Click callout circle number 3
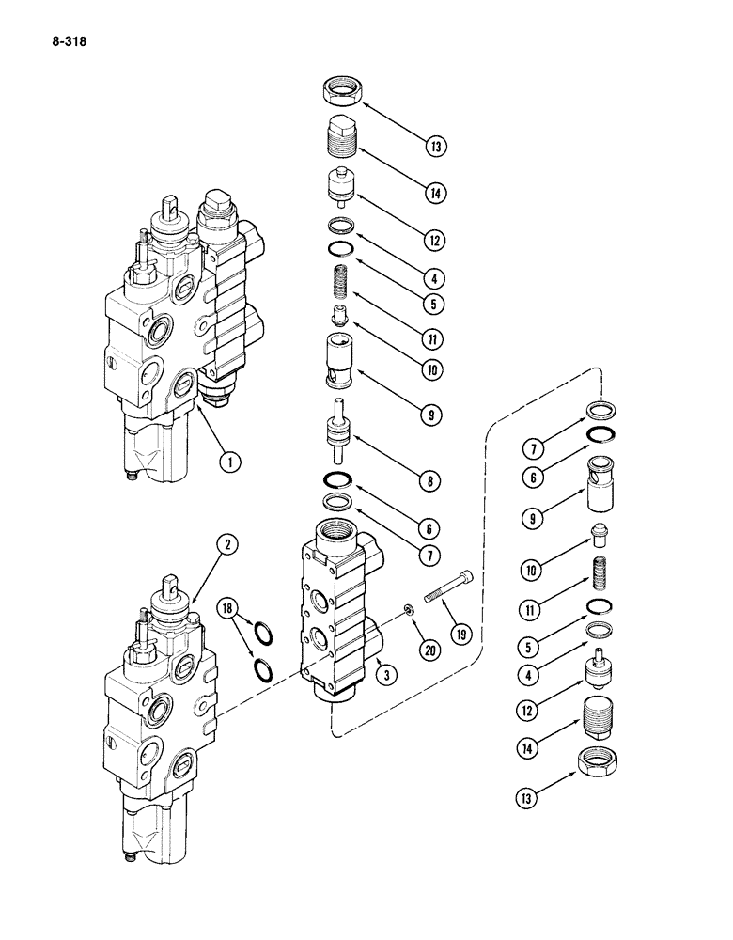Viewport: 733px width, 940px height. [x=382, y=669]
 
